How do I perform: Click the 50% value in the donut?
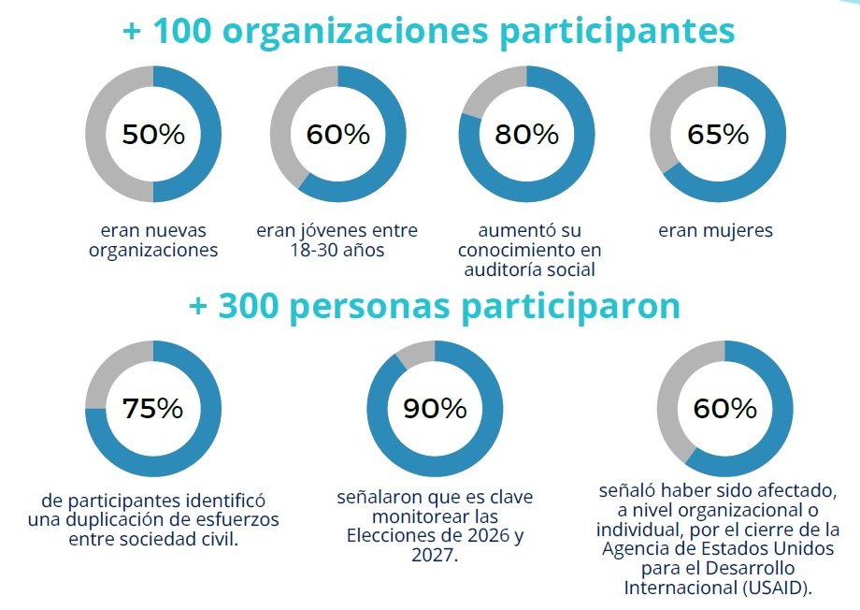coord(153,134)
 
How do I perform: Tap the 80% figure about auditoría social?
coord(526,134)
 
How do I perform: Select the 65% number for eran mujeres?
coord(717,134)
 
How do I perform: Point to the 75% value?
coord(152,409)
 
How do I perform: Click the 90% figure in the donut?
coord(435,409)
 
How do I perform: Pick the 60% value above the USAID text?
coord(724,409)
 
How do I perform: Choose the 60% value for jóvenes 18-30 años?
coord(337,134)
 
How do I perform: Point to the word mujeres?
coord(738,230)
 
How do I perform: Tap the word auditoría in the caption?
coord(505,270)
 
